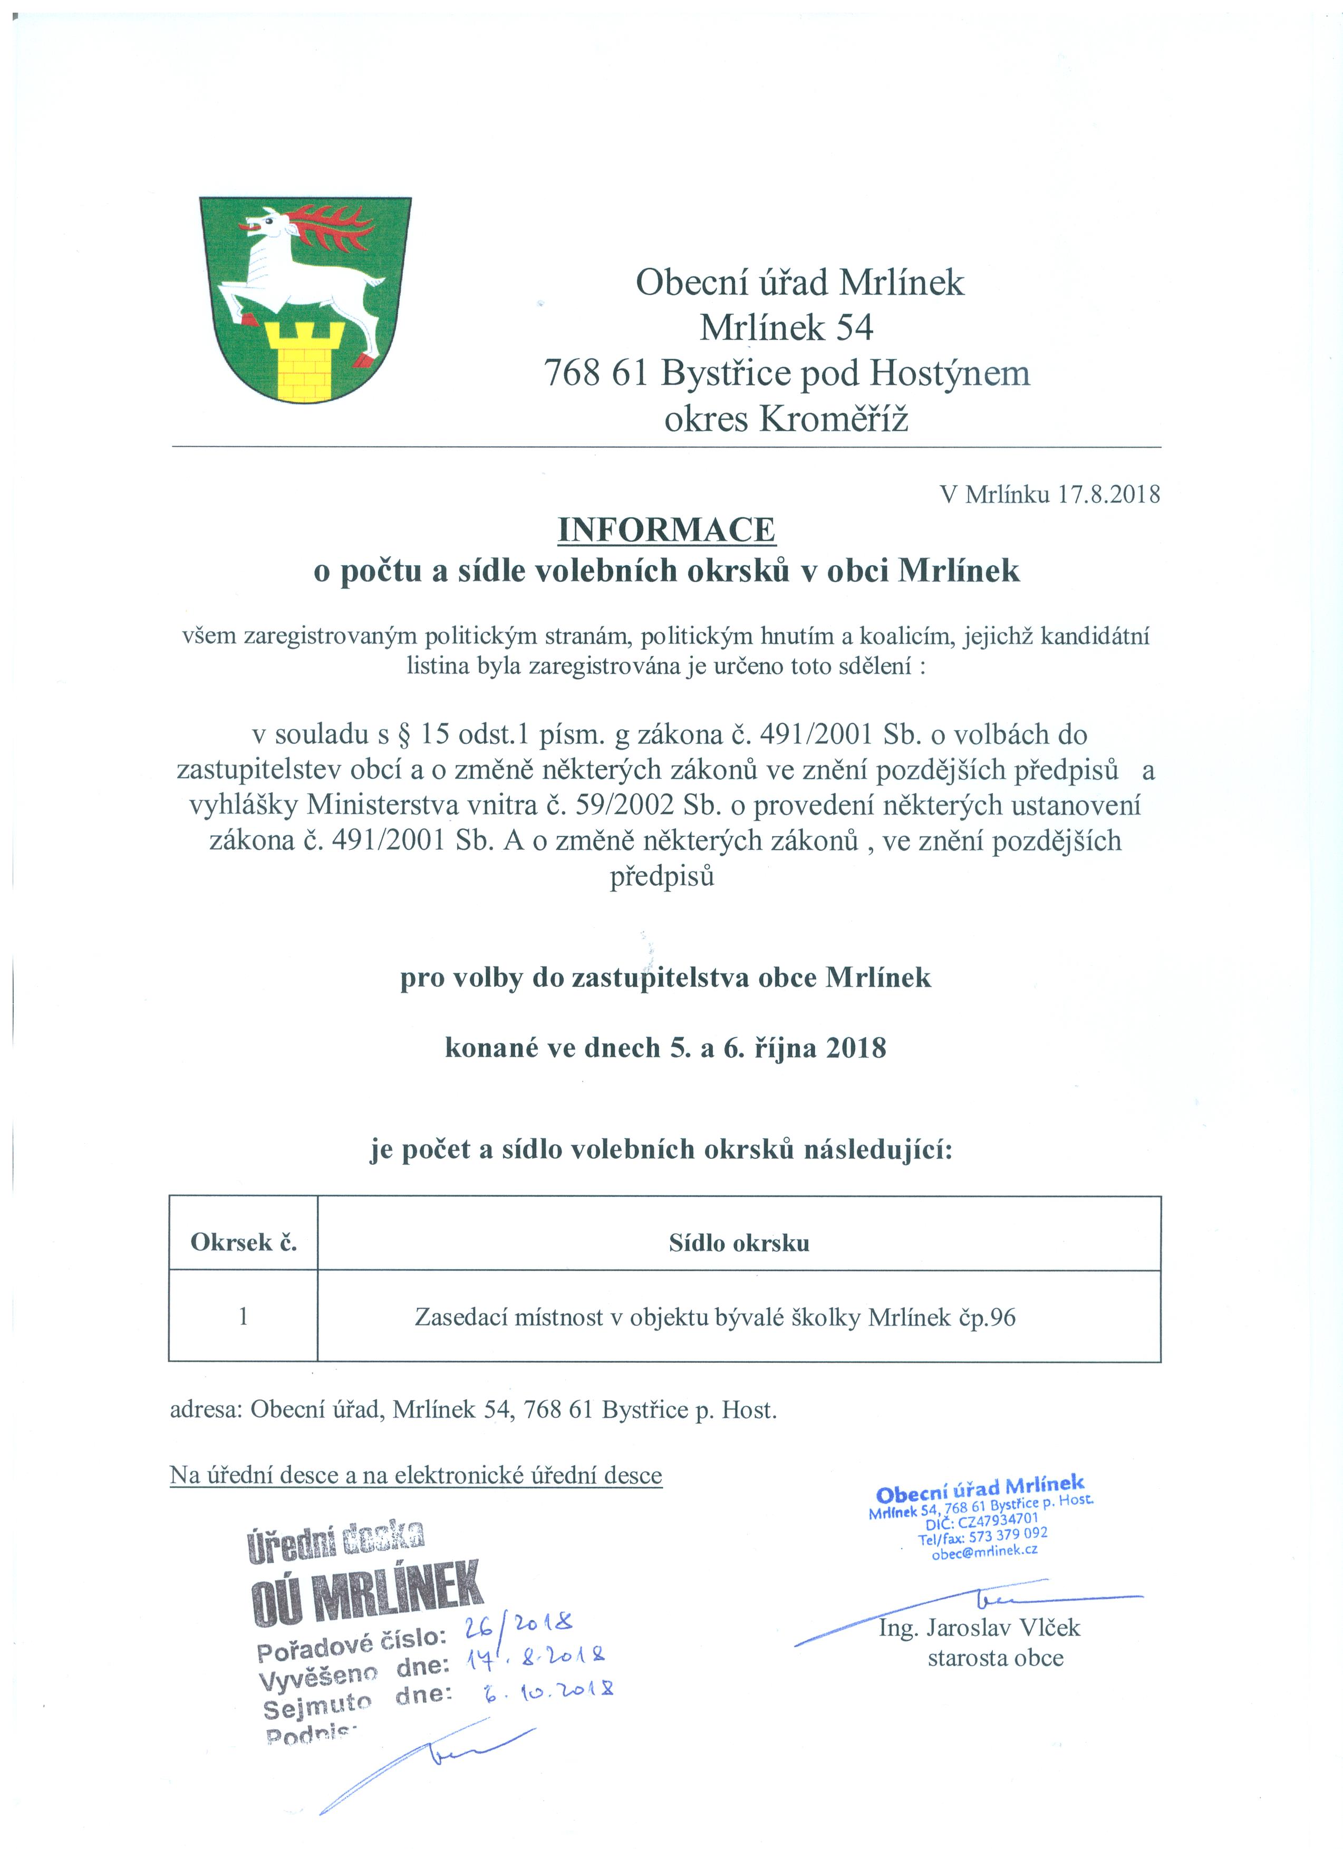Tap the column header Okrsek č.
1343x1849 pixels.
click(x=243, y=1243)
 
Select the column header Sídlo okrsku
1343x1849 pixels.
click(x=739, y=1243)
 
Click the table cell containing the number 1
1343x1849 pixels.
click(x=243, y=1316)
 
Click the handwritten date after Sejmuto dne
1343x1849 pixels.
click(x=546, y=1689)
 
